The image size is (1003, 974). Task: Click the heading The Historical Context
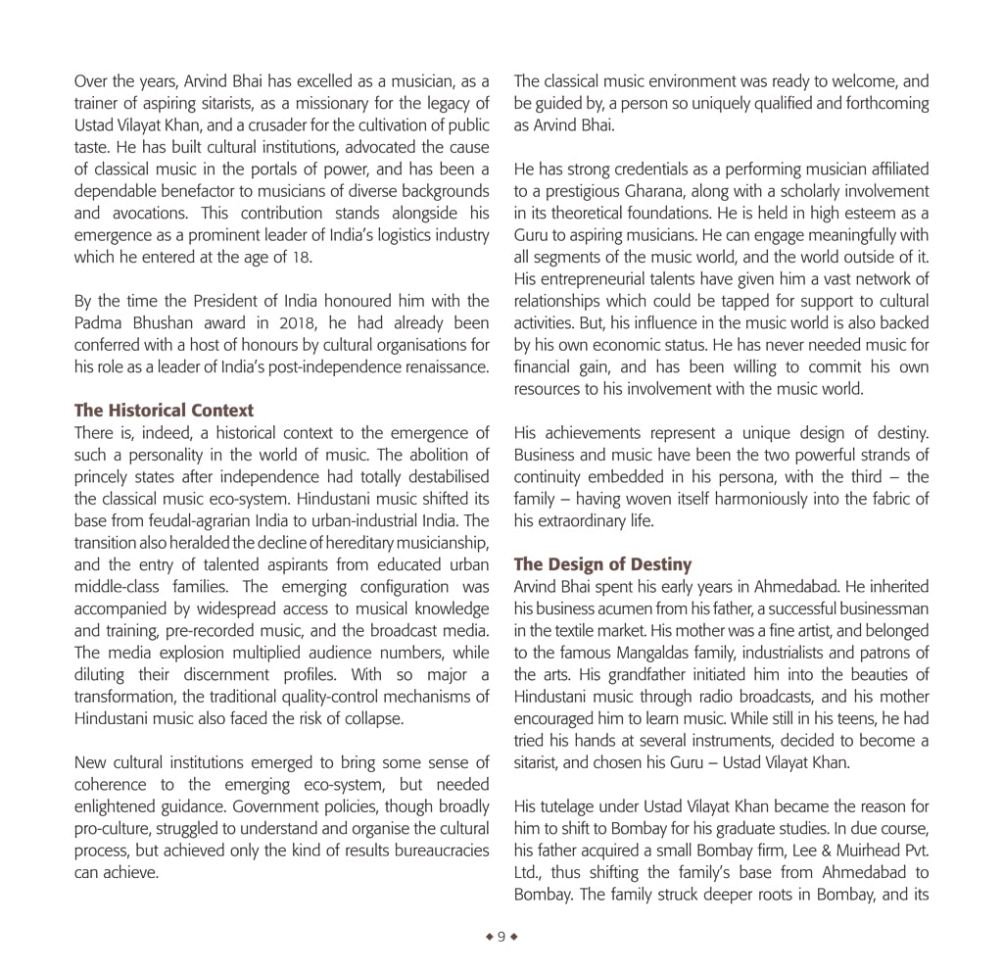click(x=164, y=411)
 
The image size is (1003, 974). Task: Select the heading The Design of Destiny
click(x=602, y=564)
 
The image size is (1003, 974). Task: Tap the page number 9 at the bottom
click(x=501, y=937)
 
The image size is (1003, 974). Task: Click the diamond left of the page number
click(x=489, y=937)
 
